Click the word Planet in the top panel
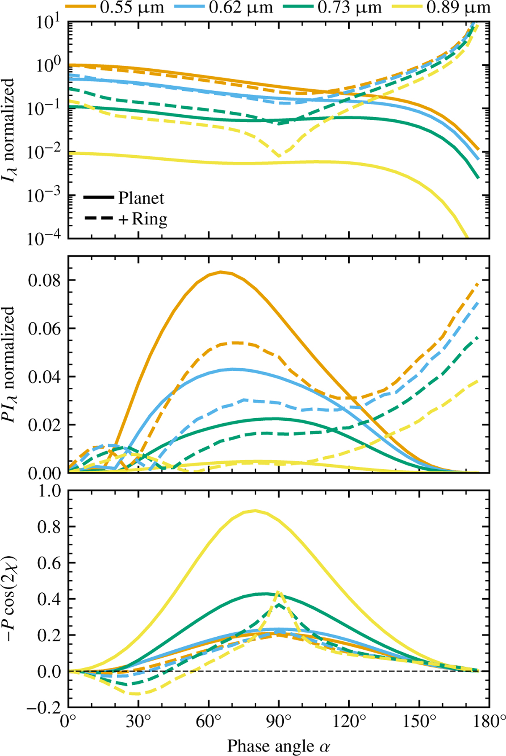click(141, 198)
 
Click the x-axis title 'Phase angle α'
click(278, 745)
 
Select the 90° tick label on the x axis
click(278, 722)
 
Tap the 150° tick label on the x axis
click(419, 722)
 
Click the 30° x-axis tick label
click(138, 722)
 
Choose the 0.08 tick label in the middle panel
click(44, 280)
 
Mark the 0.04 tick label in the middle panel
click(44, 377)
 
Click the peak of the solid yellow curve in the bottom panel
click(254, 511)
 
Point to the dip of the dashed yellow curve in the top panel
click(279, 156)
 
